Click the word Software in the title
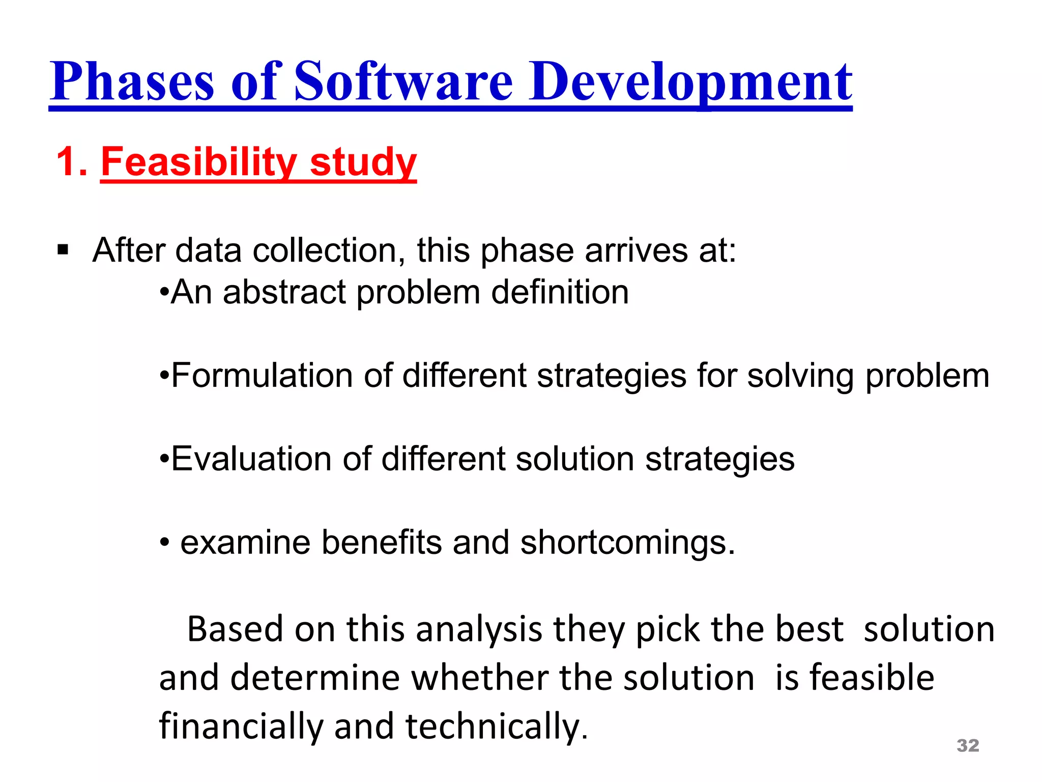[x=403, y=81]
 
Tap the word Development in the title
[x=690, y=81]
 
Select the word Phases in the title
[x=132, y=81]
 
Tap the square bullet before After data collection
[x=63, y=250]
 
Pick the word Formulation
[x=262, y=376]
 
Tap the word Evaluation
[x=251, y=459]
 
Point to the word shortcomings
[x=627, y=543]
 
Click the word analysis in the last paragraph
[x=479, y=629]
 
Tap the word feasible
[x=872, y=678]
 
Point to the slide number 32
[x=968, y=745]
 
